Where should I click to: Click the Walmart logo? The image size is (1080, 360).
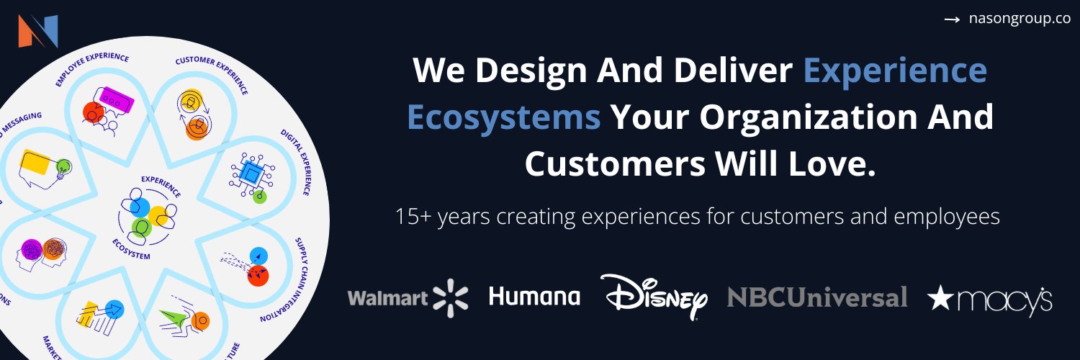pyautogui.click(x=408, y=297)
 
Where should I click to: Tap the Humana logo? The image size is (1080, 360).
pyautogui.click(x=534, y=296)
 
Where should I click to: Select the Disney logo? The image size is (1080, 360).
pyautogui.click(x=654, y=296)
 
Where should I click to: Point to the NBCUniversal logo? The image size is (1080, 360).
pyautogui.click(x=816, y=297)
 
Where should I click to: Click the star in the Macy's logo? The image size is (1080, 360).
pyautogui.click(x=940, y=298)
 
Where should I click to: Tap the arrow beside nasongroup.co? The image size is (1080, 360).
pyautogui.click(x=952, y=20)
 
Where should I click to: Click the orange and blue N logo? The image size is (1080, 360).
pyautogui.click(x=38, y=31)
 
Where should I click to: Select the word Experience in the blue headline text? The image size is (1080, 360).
pyautogui.click(x=895, y=71)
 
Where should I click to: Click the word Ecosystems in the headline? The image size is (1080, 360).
pyautogui.click(x=504, y=117)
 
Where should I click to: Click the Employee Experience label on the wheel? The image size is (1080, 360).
pyautogui.click(x=91, y=68)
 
